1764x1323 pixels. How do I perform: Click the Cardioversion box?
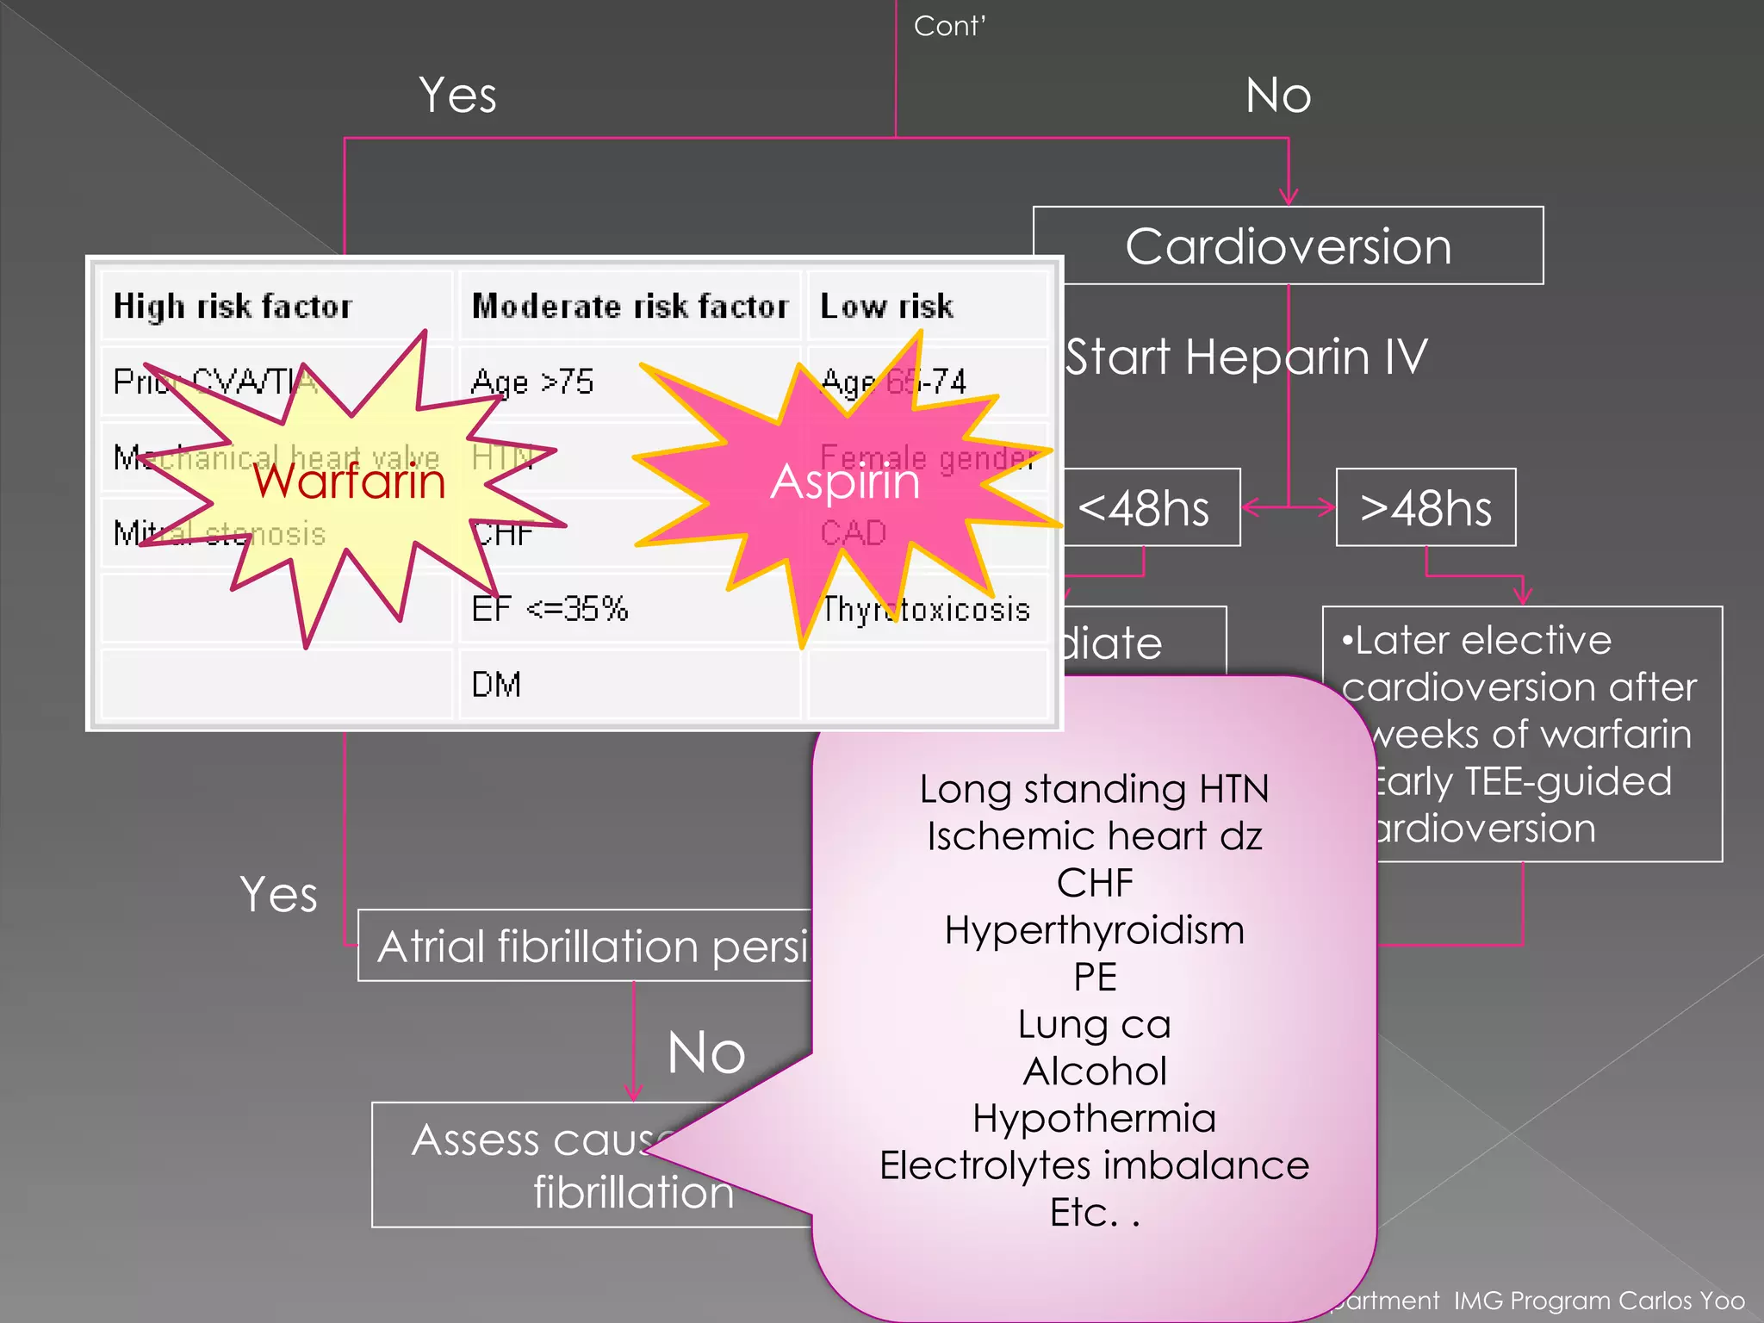point(1288,246)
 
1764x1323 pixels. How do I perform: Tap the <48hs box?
point(1146,508)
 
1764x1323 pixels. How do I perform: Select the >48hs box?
point(1425,508)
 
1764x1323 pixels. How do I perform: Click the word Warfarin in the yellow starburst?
point(350,481)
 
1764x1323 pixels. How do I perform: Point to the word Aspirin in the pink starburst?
point(845,481)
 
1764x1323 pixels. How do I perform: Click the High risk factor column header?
point(233,307)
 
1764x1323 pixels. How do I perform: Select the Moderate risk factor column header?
point(630,307)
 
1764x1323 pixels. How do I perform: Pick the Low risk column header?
point(886,307)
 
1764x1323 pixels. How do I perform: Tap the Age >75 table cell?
point(532,382)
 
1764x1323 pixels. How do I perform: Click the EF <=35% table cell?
point(550,609)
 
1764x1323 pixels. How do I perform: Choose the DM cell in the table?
point(496,685)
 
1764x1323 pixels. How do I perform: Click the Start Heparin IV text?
point(1246,357)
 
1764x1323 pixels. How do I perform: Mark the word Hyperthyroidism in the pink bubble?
point(1094,930)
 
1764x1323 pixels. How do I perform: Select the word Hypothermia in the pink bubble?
point(1094,1118)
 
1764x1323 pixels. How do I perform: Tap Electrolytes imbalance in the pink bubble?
point(1094,1165)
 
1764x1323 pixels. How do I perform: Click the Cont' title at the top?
point(949,26)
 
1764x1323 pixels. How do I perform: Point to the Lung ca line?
point(1094,1024)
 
